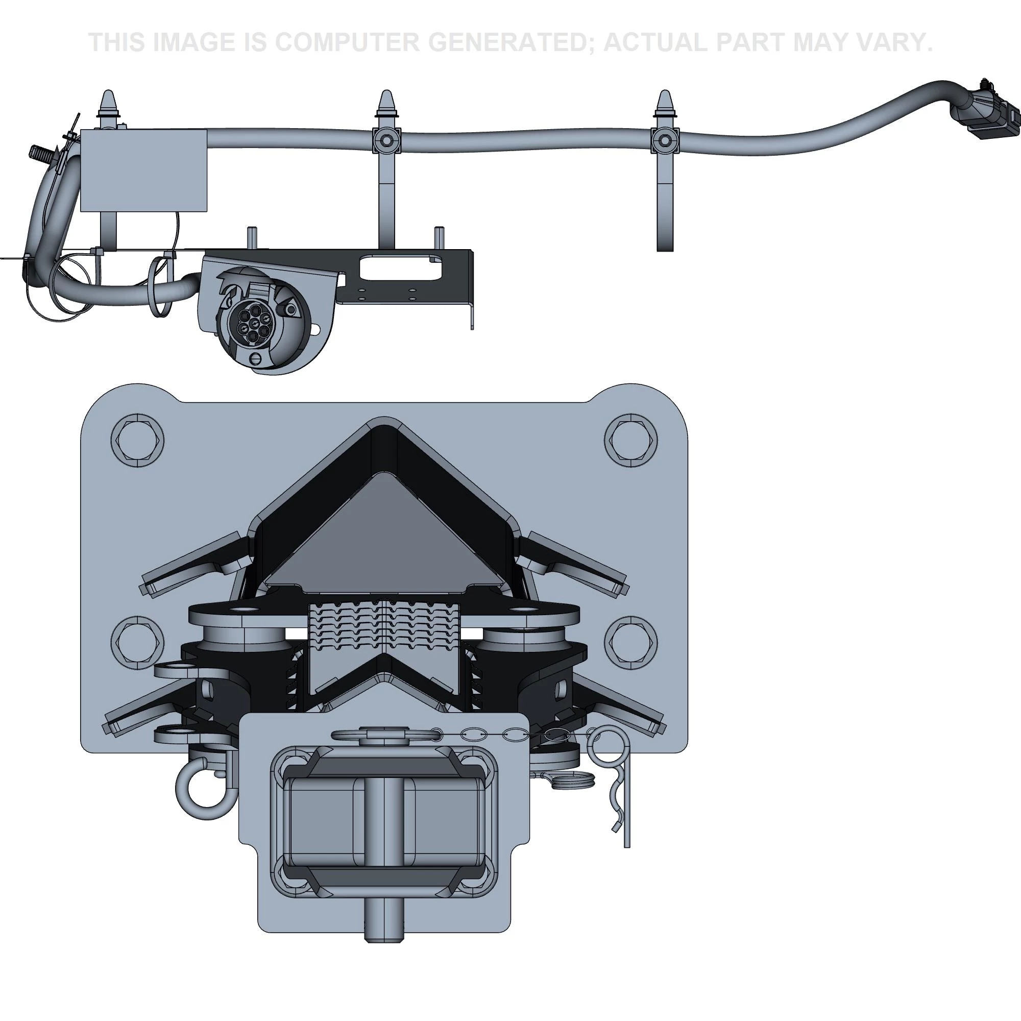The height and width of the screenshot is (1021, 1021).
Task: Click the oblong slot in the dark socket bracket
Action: coord(400,267)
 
